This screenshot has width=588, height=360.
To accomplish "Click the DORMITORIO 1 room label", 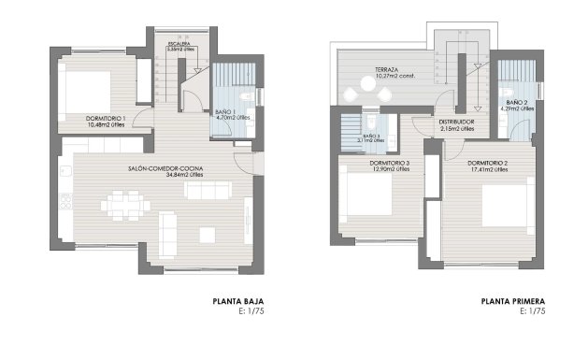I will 106,118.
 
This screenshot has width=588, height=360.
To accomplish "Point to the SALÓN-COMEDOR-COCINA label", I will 166,167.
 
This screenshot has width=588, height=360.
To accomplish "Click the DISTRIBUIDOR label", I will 457,122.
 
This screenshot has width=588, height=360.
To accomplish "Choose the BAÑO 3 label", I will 371,135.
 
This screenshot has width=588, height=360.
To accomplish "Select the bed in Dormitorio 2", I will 507,206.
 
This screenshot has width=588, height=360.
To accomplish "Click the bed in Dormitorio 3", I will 367,195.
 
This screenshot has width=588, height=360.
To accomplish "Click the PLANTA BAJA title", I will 238,302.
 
